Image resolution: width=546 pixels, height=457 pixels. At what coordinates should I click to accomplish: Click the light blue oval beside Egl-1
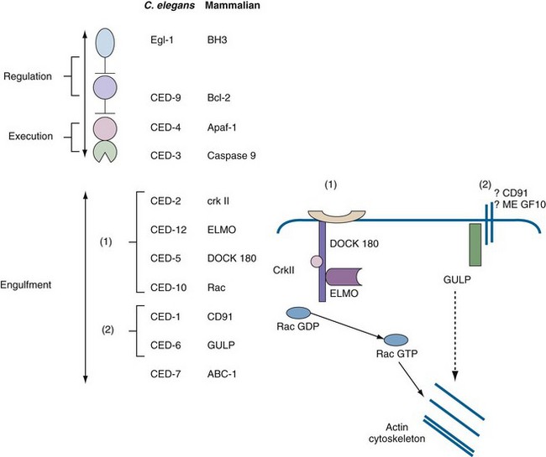105,42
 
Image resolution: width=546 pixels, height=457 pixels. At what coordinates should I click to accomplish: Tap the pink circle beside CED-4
105,128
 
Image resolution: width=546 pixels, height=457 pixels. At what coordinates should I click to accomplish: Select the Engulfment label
28,285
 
